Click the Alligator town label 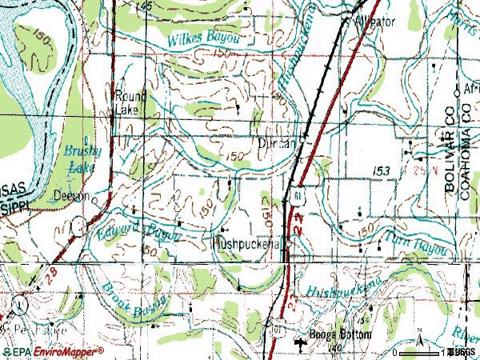375,22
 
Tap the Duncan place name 277,144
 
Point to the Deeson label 71,194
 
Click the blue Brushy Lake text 81,158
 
